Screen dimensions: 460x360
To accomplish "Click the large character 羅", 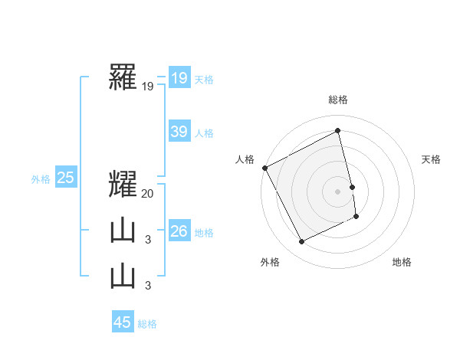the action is [123, 77].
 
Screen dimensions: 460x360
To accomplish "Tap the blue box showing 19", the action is [179, 78].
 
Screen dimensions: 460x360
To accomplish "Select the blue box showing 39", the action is [179, 132].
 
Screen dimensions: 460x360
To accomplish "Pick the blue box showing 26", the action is [179, 231].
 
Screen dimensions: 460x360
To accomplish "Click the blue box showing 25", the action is [65, 178].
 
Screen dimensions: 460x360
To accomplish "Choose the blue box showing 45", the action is [123, 322].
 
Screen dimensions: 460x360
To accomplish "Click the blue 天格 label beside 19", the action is [204, 79].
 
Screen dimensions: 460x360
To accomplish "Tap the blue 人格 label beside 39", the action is [204, 133].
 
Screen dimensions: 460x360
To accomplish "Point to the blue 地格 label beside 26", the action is [204, 233].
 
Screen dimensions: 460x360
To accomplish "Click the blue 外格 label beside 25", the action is [41, 179].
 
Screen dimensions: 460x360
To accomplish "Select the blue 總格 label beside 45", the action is [147, 324].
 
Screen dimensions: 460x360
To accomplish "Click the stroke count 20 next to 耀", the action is [148, 194].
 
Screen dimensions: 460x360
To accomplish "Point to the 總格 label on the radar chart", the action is [338, 100].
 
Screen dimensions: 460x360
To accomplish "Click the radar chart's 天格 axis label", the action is [432, 159].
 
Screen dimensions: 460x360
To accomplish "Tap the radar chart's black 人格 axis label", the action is [244, 159].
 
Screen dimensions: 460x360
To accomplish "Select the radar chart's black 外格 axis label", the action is [270, 262].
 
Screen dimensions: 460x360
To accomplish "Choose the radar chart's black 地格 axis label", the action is [402, 262].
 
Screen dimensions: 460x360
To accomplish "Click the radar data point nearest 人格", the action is [265, 168].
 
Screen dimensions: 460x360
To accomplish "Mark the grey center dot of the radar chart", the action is [338, 191].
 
